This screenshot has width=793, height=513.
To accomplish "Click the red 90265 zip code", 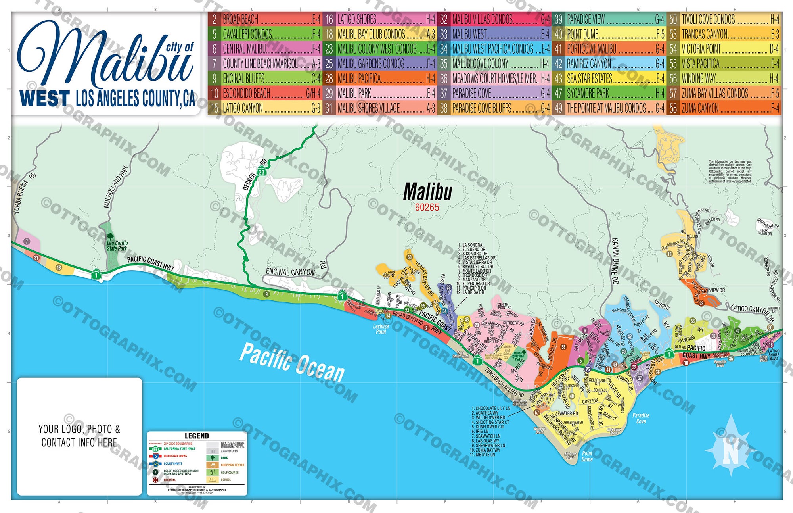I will click(x=427, y=207).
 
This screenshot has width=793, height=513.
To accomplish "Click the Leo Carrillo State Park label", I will click(x=117, y=246).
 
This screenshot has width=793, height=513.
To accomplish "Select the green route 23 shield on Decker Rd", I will click(x=262, y=172).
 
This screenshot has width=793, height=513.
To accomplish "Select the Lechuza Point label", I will click(x=381, y=329).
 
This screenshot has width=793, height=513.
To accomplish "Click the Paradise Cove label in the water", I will click(x=641, y=418).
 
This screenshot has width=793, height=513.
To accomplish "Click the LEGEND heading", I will click(x=197, y=436).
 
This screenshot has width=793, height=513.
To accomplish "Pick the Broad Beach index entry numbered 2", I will click(x=266, y=19).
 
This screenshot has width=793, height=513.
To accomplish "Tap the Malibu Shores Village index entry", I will click(x=381, y=108).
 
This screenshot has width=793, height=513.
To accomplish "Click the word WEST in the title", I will click(x=44, y=99).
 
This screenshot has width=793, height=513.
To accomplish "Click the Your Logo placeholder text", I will click(x=79, y=436).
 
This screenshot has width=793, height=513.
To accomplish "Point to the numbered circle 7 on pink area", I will click(x=27, y=241).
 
